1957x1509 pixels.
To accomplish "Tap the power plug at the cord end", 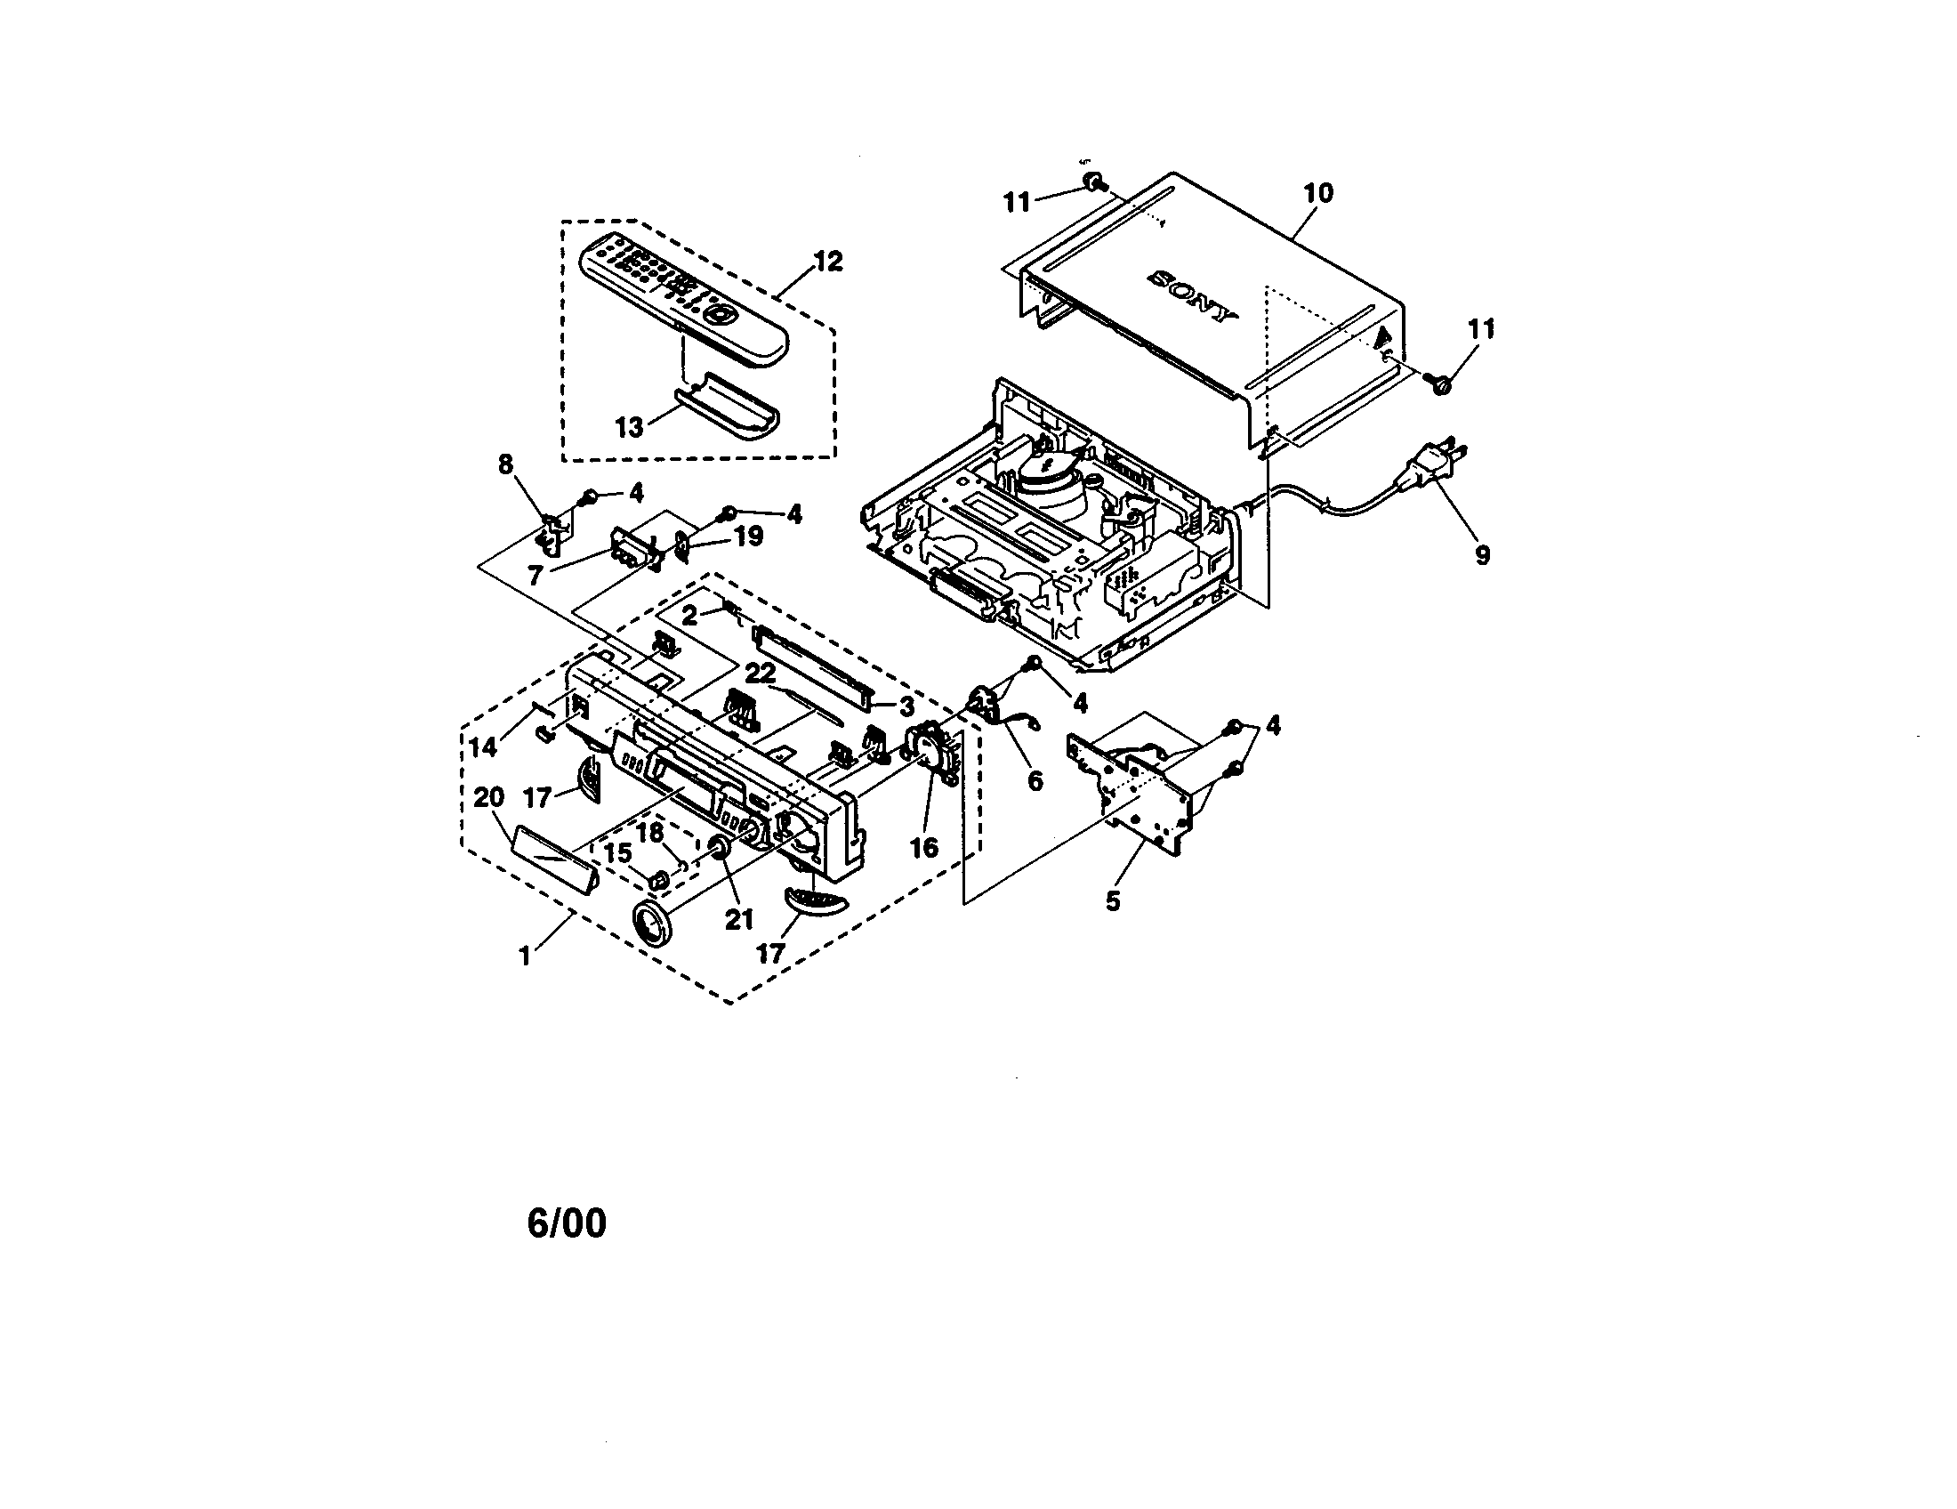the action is point(1435,466).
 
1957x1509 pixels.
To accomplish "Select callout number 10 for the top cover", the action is point(1319,193).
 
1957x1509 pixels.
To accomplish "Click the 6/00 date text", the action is point(567,1223).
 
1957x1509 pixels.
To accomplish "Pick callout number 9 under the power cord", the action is point(1482,555).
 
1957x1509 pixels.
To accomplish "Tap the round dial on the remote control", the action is point(720,315).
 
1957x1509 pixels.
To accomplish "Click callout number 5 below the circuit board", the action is point(1113,901).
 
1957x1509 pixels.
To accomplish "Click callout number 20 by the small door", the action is point(489,796).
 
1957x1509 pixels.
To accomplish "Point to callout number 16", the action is point(924,847).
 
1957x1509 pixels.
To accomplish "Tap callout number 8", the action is point(506,464).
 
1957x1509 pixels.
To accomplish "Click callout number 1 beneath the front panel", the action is point(525,956).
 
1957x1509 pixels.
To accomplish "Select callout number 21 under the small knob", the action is point(739,919).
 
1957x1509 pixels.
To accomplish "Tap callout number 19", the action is point(749,537).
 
